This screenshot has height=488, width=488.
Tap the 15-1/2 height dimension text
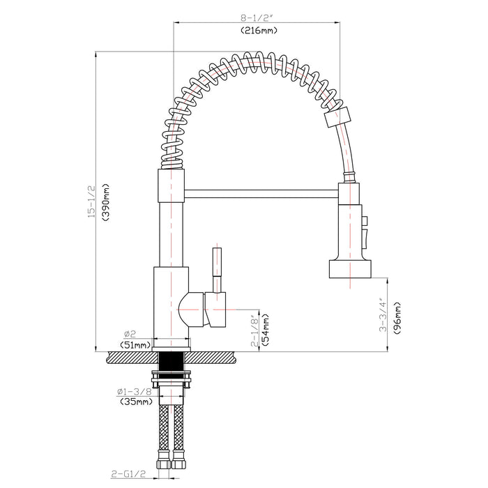(x=91, y=202)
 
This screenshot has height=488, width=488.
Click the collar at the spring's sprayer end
(x=338, y=116)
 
